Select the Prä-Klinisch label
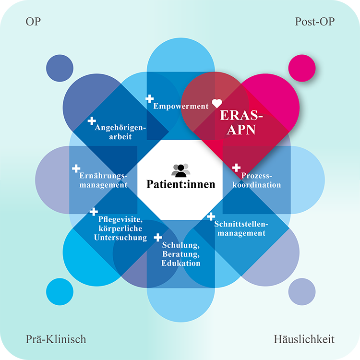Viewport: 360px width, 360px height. coord(56,339)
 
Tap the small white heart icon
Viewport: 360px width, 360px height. coord(217,103)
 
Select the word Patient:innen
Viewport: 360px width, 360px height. coord(180,184)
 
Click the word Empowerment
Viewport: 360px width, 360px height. coord(181,106)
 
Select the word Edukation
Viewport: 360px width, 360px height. coord(181,264)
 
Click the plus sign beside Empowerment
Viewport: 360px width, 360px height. coord(150,99)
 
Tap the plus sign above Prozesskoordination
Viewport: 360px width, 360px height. coord(236,168)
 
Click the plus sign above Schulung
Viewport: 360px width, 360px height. coord(158,237)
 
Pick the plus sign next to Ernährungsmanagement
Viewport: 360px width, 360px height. coord(76,168)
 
